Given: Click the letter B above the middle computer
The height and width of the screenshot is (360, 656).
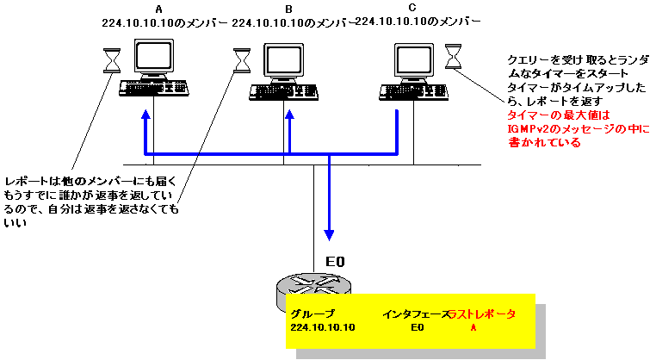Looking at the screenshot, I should [287, 9].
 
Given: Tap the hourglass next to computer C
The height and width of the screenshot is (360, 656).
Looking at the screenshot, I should [453, 58].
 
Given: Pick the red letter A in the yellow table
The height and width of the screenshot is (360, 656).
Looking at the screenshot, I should [473, 328].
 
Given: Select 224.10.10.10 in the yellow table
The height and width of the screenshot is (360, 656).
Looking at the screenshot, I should [323, 328].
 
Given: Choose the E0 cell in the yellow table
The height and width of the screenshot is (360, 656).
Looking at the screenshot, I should [418, 328].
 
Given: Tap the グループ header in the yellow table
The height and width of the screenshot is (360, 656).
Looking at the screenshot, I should [313, 314].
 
